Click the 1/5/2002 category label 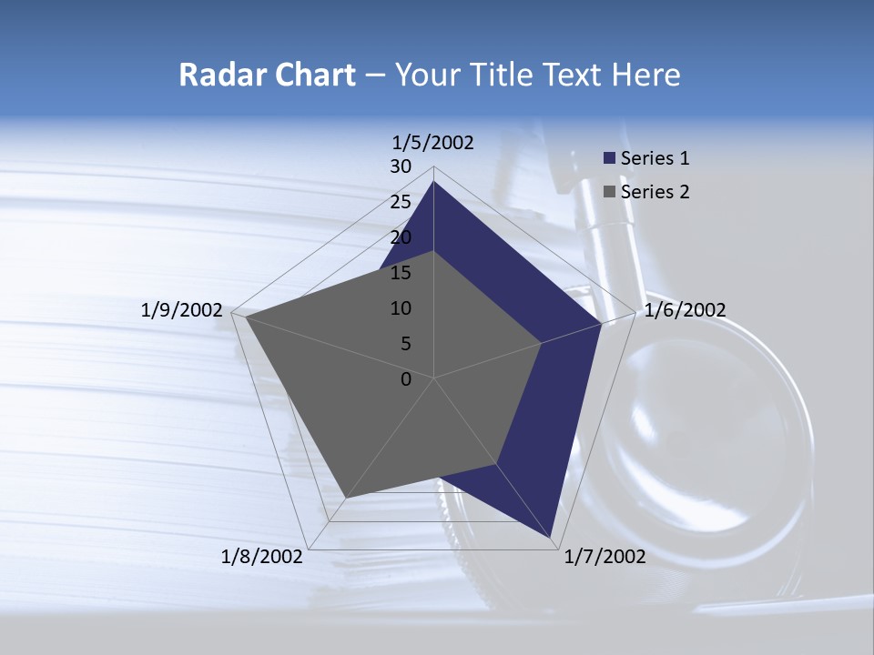coord(433,143)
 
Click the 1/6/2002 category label coord(685,310)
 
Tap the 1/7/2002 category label coord(605,557)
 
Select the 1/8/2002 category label coord(262,557)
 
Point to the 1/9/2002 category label coord(182,310)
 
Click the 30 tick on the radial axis coord(401,166)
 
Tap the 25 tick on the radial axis coord(401,202)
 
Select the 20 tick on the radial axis coord(401,237)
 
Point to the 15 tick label coord(401,273)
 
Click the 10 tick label coord(401,308)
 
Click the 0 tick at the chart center coord(406,379)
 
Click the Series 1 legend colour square coord(610,158)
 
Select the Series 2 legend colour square coord(610,192)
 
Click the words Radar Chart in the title coord(267,75)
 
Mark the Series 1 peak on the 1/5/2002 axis coord(433,181)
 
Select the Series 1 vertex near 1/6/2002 coord(601,323)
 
